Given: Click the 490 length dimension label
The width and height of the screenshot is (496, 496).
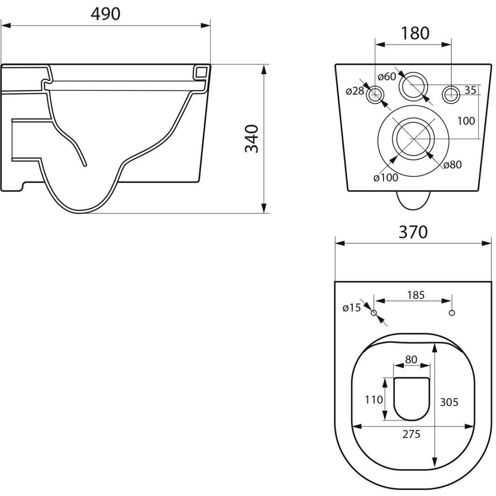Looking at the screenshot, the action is (105, 14).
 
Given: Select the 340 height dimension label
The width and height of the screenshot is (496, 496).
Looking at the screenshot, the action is (252, 138).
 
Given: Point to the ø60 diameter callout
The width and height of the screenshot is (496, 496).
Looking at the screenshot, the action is (386, 76).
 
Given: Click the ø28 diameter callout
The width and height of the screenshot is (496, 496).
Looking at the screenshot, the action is (355, 91).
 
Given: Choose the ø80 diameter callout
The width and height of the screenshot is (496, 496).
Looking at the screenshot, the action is (452, 165).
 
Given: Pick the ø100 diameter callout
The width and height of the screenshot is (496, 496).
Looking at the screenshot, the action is (386, 177).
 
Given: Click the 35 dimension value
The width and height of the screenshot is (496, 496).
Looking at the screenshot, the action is (470, 90).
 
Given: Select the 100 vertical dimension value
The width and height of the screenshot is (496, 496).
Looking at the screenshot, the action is (466, 121).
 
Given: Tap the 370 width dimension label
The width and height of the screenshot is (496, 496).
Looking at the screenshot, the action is (413, 232).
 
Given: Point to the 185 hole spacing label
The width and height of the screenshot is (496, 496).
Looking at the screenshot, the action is (415, 295).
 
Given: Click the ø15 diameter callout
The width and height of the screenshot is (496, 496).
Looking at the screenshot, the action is (351, 308).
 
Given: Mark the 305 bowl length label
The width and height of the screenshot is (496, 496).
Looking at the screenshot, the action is (449, 402).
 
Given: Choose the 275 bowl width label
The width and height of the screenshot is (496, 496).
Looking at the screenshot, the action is (411, 434).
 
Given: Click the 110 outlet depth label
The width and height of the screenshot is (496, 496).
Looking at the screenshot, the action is (374, 400).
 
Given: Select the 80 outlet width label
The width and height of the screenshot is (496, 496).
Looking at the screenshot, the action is (411, 359).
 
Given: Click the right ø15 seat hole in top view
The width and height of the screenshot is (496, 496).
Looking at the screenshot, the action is (451, 313).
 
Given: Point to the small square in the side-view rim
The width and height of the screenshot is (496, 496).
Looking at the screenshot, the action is (201, 72).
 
